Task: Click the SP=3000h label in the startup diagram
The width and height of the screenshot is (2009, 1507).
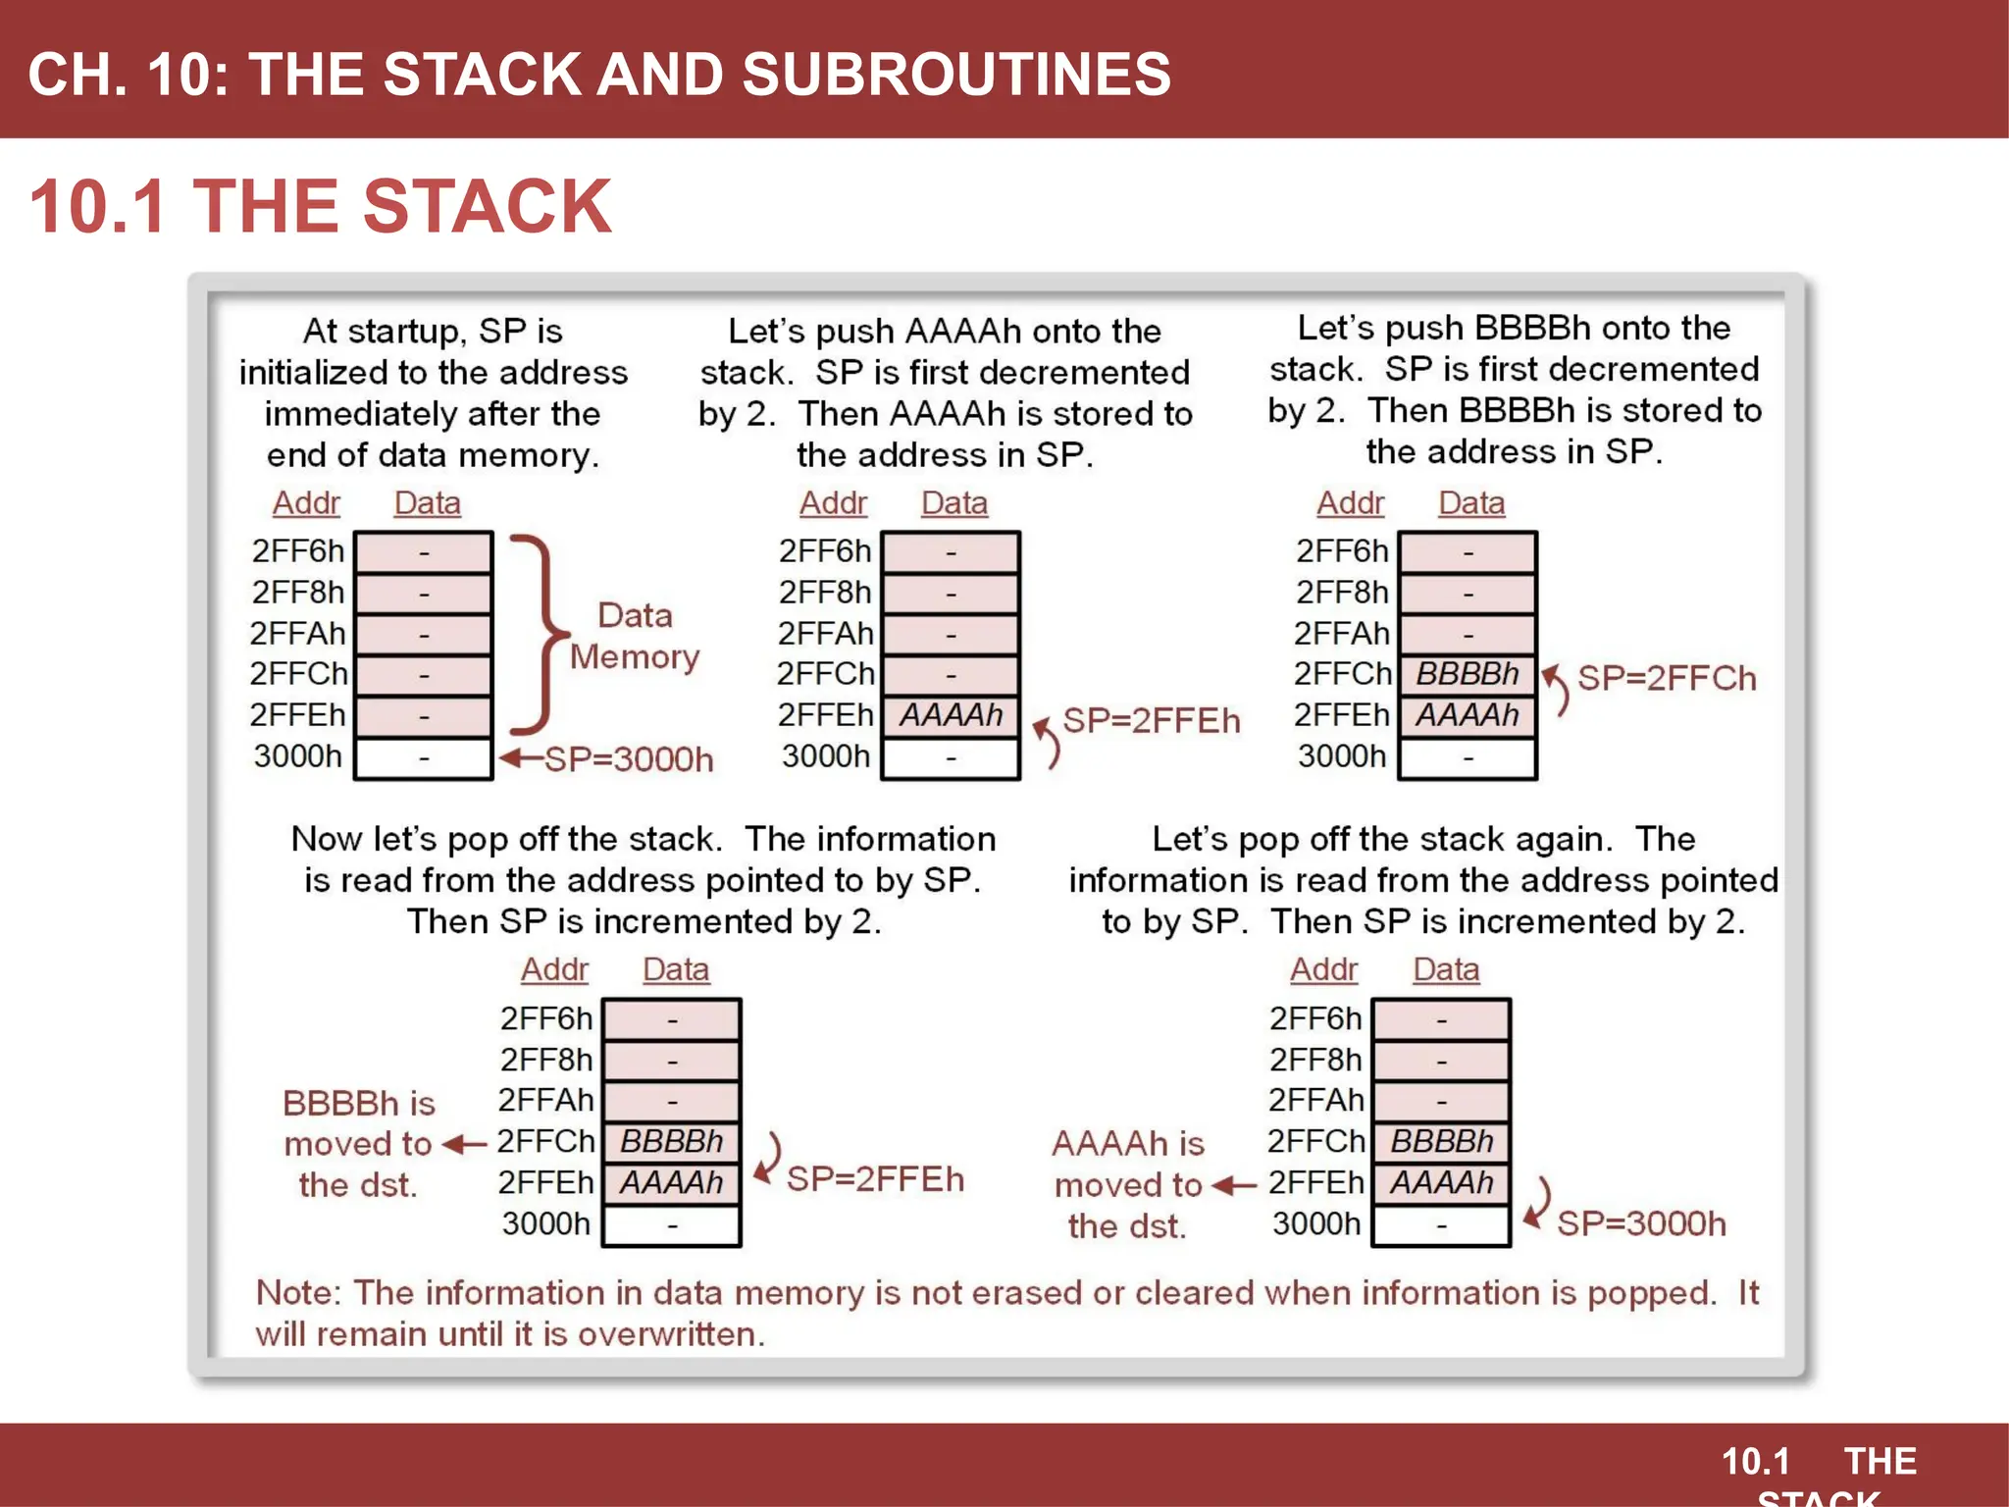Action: point(629,759)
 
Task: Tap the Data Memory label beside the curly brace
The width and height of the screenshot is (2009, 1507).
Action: point(635,636)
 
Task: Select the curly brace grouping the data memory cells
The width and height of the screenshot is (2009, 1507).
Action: point(539,634)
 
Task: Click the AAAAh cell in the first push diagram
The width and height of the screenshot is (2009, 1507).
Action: point(951,715)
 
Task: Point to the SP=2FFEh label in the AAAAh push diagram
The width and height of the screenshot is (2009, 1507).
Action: point(1152,720)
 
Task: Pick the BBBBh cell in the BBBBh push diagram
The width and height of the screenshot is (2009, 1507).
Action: point(1467,674)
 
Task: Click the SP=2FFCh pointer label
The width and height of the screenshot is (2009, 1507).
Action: point(1667,678)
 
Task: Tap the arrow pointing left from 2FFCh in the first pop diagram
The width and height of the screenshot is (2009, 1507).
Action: point(465,1144)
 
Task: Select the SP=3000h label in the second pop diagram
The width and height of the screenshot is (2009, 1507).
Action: point(1641,1223)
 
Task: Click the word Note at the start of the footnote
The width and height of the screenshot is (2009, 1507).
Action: point(296,1293)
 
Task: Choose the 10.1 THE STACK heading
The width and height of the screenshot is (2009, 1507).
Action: point(321,206)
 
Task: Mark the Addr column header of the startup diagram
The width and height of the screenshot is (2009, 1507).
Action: point(306,503)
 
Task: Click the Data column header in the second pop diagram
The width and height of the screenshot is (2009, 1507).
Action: point(1446,969)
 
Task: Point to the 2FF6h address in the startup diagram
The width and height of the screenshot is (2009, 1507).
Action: point(298,551)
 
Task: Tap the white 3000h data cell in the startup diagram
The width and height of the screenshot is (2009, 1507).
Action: point(423,758)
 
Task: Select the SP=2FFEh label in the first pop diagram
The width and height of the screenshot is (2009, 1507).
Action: point(875,1178)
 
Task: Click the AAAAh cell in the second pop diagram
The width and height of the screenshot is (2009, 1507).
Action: point(1441,1183)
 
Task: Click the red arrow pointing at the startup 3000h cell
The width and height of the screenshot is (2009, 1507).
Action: point(520,758)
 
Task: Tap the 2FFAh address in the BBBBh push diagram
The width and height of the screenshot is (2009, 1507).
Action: point(1342,634)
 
